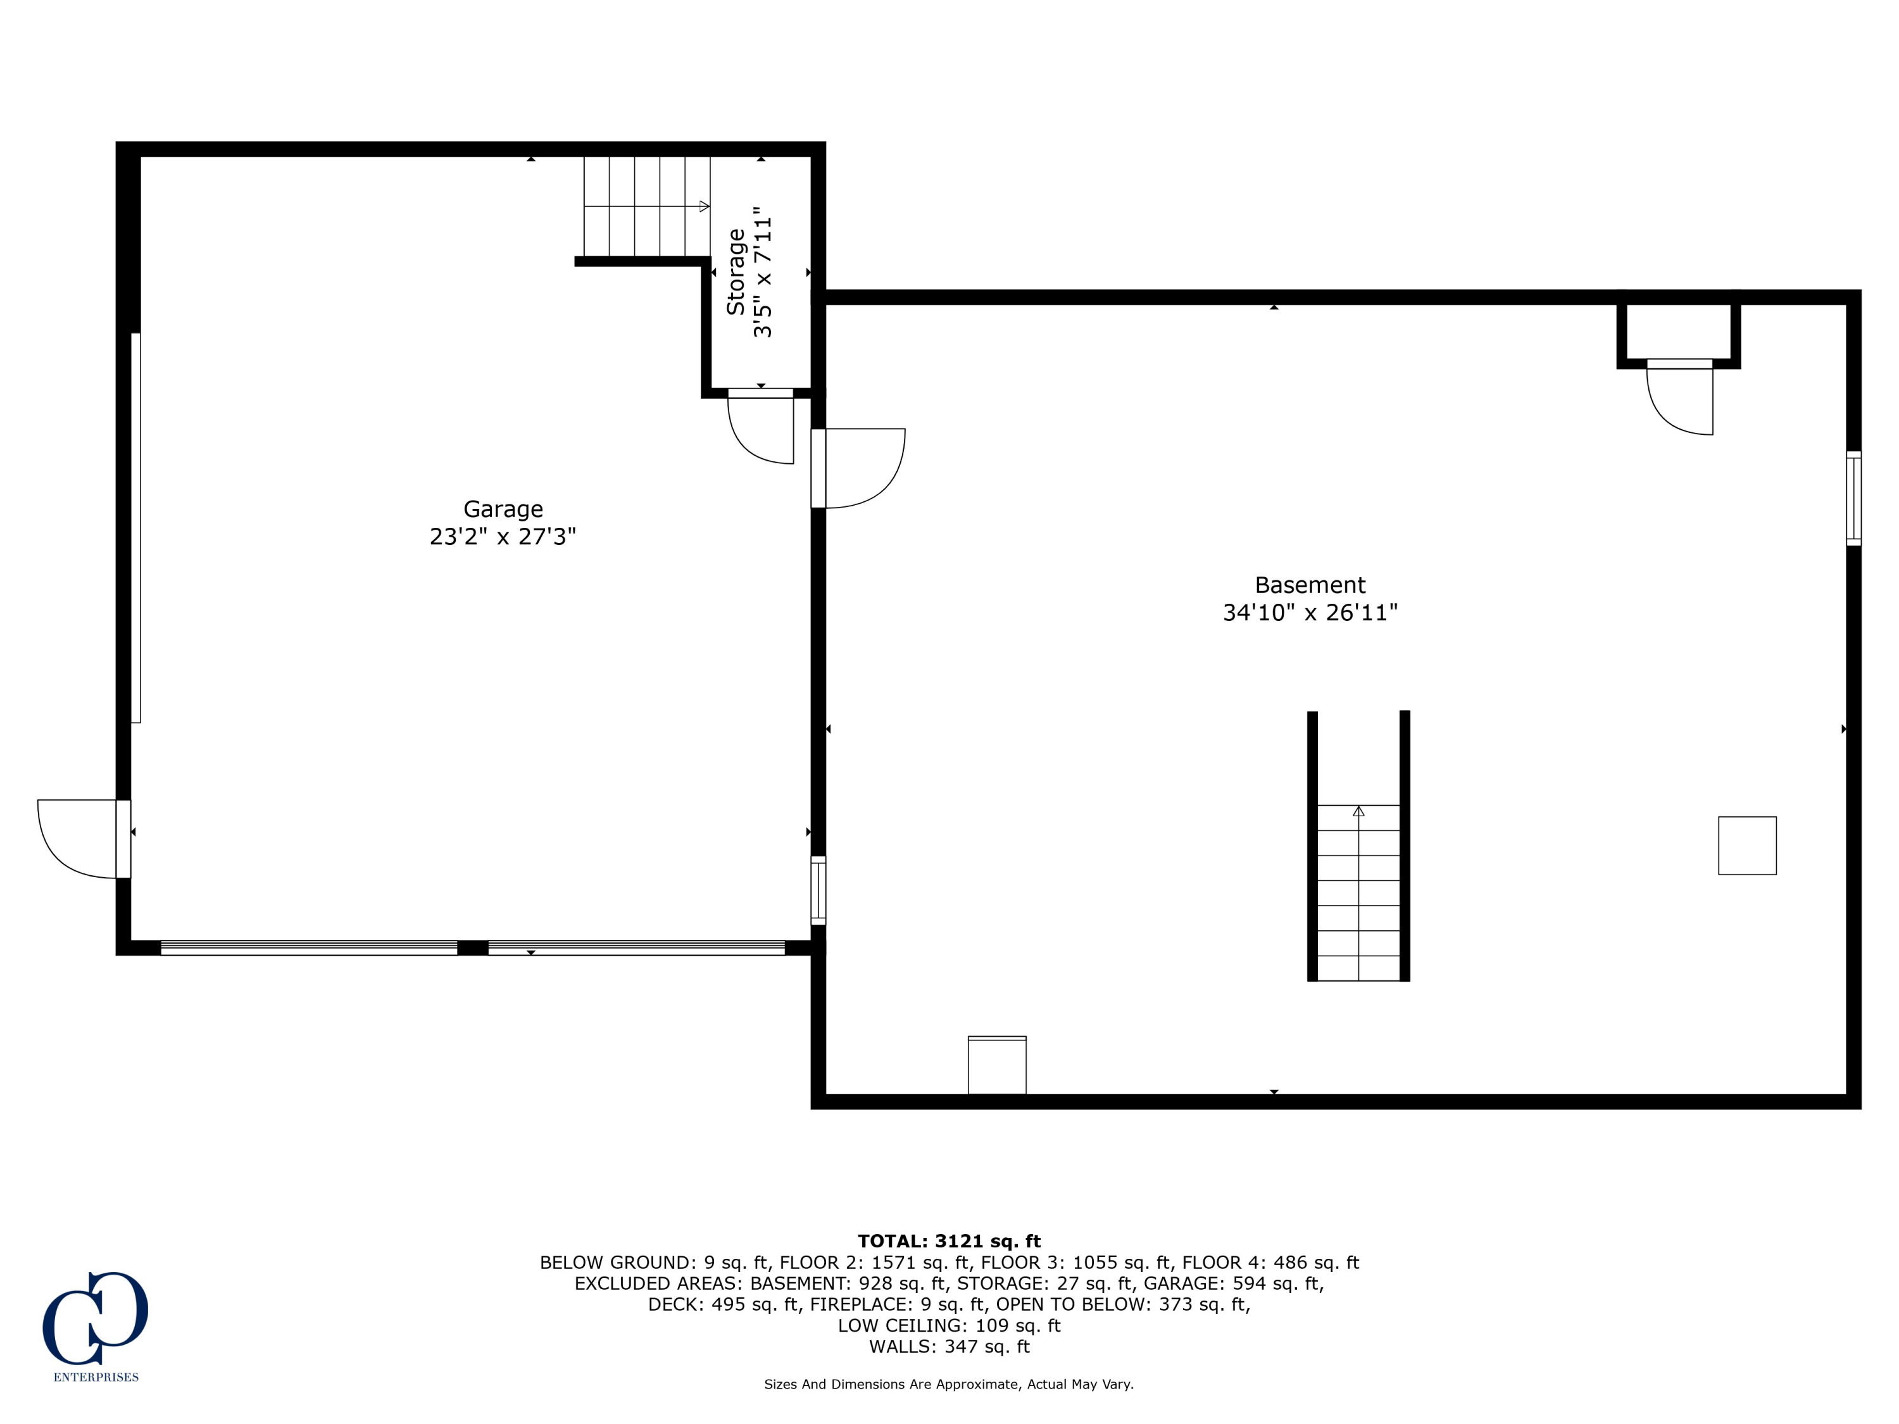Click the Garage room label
click(503, 509)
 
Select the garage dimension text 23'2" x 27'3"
click(503, 537)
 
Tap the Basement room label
click(1310, 585)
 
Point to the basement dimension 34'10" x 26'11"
click(1310, 613)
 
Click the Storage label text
click(736, 272)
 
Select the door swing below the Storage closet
click(761, 427)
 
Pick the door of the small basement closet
click(1680, 397)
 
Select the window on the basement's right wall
click(1853, 498)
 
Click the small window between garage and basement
click(818, 890)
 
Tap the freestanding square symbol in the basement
click(1747, 846)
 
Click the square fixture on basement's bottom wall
click(997, 1065)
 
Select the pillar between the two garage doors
click(472, 947)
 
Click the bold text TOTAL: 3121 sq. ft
click(949, 1241)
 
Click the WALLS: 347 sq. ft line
click(949, 1347)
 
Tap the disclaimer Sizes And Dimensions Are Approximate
click(949, 1385)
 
